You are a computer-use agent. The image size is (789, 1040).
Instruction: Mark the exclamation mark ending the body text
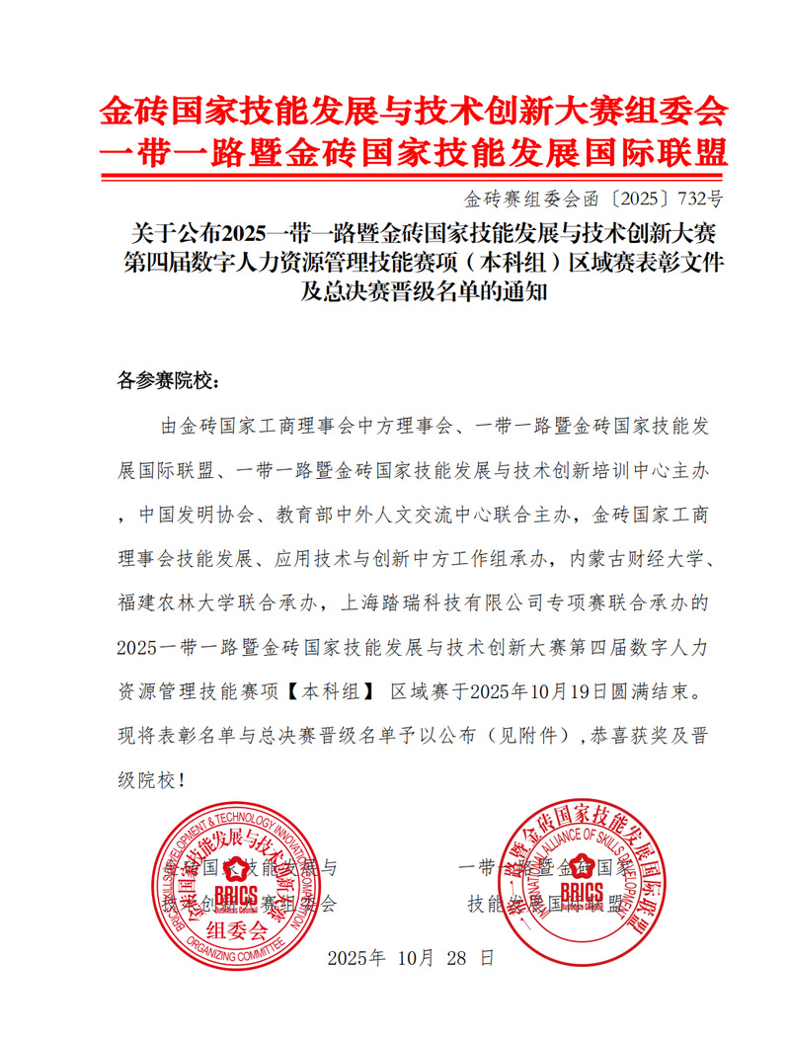click(179, 780)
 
